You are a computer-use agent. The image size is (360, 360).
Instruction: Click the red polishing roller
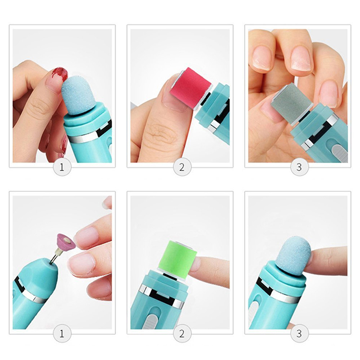[190, 88]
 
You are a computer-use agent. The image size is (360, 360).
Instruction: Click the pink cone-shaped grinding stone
[65, 242]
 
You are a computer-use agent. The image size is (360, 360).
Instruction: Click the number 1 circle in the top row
[62, 167]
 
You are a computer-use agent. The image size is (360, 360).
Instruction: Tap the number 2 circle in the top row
[182, 167]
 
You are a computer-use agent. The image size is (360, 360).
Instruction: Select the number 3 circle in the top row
[299, 167]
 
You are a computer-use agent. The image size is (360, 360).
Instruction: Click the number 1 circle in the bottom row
[62, 333]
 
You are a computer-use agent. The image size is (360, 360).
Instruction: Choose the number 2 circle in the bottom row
[182, 333]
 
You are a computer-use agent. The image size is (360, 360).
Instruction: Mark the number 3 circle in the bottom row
[299, 333]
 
